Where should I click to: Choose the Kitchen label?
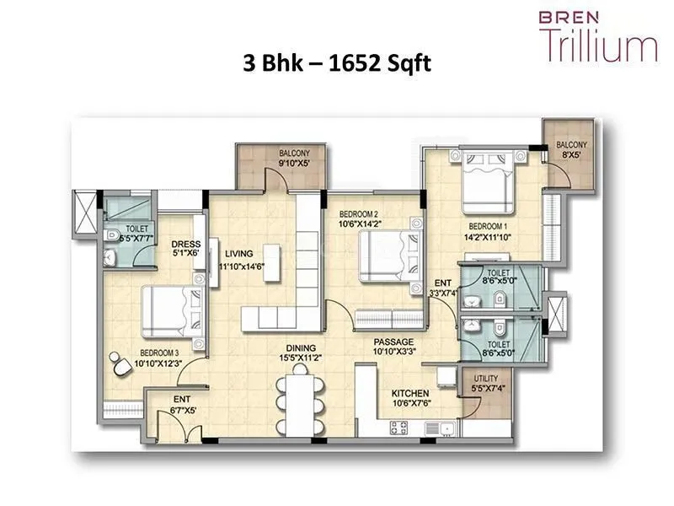[411, 394]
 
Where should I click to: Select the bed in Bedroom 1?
[486, 180]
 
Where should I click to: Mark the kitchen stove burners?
[399, 428]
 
